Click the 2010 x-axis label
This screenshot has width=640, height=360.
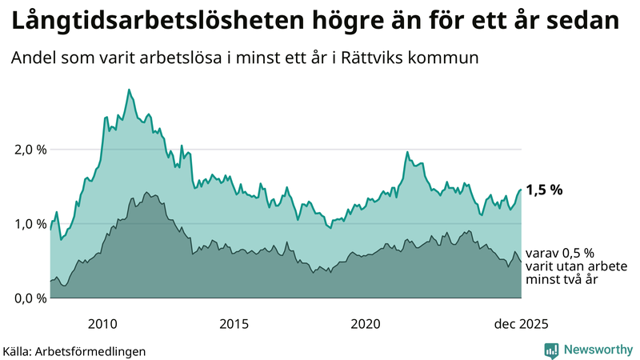(x=103, y=324)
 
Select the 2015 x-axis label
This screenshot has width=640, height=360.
(x=234, y=324)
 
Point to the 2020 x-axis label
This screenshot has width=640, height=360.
(x=366, y=324)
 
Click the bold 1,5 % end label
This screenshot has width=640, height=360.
(x=545, y=190)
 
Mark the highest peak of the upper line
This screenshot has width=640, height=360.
(x=129, y=90)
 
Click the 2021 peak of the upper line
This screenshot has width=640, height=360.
(x=407, y=152)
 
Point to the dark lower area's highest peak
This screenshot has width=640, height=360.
(x=146, y=193)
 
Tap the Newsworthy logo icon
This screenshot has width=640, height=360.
(x=551, y=350)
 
